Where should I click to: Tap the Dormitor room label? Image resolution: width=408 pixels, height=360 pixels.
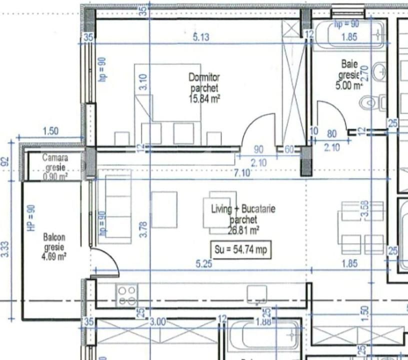click(204, 77)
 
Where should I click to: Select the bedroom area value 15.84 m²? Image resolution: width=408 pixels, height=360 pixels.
click(204, 98)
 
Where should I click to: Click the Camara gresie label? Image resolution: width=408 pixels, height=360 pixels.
click(55, 161)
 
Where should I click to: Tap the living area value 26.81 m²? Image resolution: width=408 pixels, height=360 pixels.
click(244, 230)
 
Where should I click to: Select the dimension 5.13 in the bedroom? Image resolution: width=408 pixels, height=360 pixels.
click(201, 37)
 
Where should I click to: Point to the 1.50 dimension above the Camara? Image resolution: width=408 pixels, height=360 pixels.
click(50, 131)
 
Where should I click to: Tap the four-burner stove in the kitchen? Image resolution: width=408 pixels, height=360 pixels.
click(126, 295)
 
